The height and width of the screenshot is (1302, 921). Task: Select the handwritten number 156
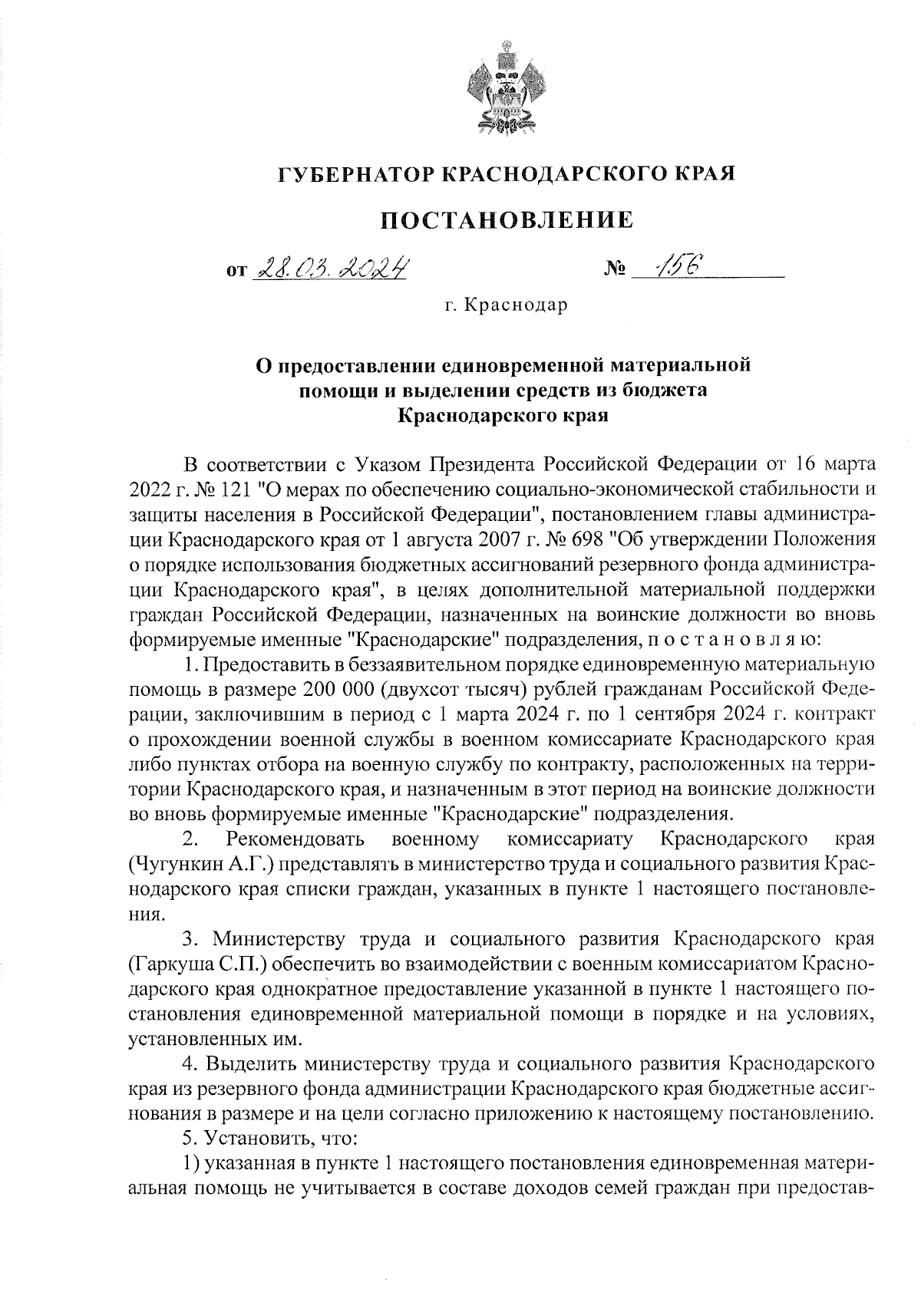click(673, 266)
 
